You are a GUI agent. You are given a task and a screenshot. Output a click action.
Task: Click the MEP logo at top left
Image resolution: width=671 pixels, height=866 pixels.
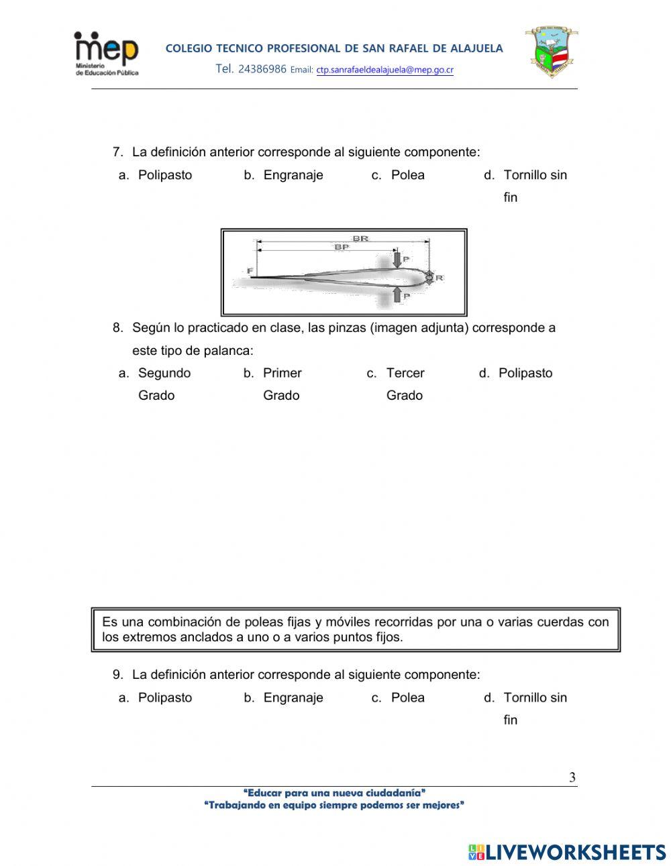tap(106, 54)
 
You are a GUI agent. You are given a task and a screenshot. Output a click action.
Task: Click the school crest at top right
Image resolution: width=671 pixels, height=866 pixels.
tap(551, 53)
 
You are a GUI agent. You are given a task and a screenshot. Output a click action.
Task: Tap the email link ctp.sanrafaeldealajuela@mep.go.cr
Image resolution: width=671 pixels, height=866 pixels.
tap(384, 70)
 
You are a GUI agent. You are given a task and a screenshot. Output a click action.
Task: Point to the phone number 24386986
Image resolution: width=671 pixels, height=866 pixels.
tap(262, 69)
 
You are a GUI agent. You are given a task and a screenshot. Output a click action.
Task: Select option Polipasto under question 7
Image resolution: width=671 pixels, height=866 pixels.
tap(164, 175)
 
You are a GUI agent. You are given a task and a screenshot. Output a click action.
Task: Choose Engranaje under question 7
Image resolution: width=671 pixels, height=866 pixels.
tap(293, 175)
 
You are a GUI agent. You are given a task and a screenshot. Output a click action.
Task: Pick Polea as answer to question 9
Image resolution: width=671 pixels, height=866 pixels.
tap(407, 698)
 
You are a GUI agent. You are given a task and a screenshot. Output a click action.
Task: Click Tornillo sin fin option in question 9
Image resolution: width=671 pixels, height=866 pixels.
tap(534, 698)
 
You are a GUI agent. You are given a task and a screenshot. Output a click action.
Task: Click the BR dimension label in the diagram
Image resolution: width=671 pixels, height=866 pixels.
tap(360, 238)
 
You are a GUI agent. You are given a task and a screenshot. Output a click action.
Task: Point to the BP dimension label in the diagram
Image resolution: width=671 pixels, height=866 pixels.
tap(342, 247)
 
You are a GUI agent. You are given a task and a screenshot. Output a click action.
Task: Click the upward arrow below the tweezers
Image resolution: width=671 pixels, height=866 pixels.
tap(397, 293)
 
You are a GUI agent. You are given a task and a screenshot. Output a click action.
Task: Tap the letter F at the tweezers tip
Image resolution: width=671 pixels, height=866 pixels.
tap(250, 271)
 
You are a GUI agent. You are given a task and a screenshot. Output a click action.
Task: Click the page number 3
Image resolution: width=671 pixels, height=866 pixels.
tap(572, 777)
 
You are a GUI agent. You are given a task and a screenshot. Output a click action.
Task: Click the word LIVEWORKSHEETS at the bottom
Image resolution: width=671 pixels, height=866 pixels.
tap(575, 852)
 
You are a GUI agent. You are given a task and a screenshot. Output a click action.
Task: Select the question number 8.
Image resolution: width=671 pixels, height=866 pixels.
tap(117, 328)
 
